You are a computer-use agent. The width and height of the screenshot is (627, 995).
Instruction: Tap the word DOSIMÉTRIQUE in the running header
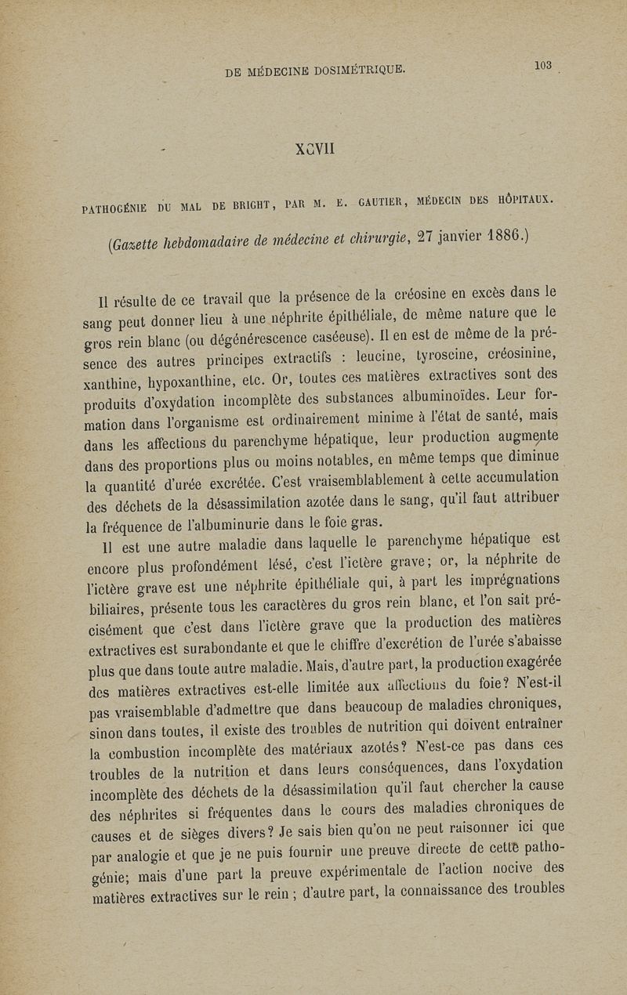[355, 71]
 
